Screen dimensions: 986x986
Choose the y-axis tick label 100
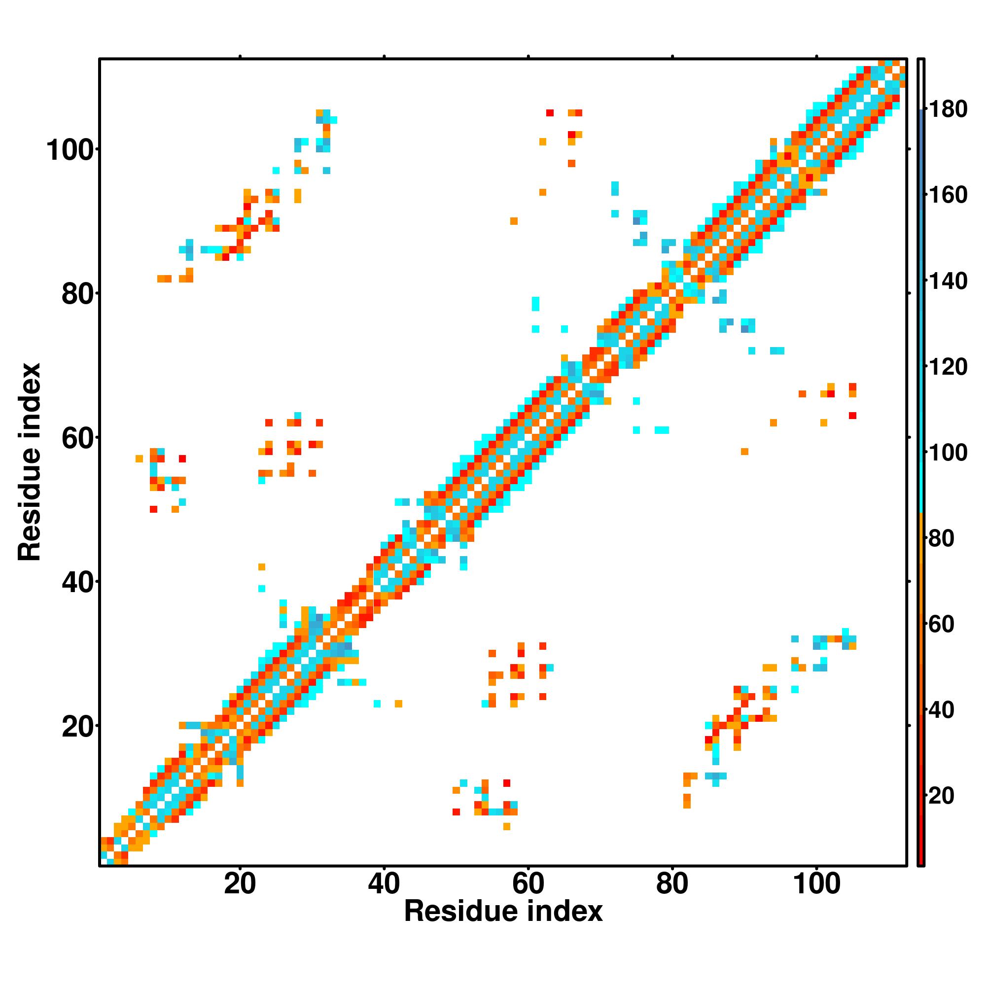click(72, 150)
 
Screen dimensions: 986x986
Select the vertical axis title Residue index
click(29, 461)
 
